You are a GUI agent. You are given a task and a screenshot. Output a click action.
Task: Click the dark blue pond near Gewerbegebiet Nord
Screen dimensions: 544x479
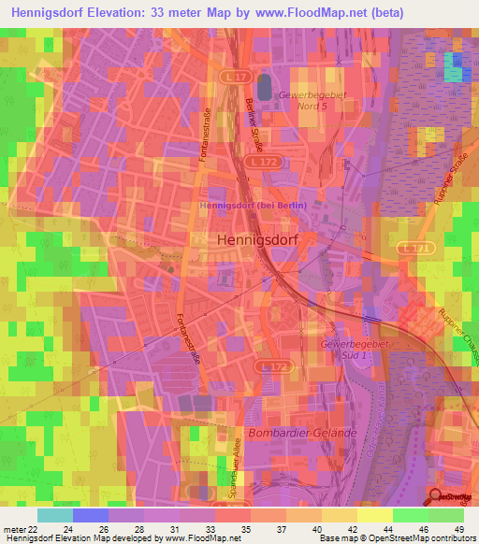tap(264, 87)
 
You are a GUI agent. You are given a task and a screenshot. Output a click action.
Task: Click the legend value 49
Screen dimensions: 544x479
tap(457, 529)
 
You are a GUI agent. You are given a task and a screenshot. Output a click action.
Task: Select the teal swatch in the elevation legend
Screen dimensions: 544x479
tap(55, 515)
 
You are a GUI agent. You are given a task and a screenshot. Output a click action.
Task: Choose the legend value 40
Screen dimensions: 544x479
tap(320, 529)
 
